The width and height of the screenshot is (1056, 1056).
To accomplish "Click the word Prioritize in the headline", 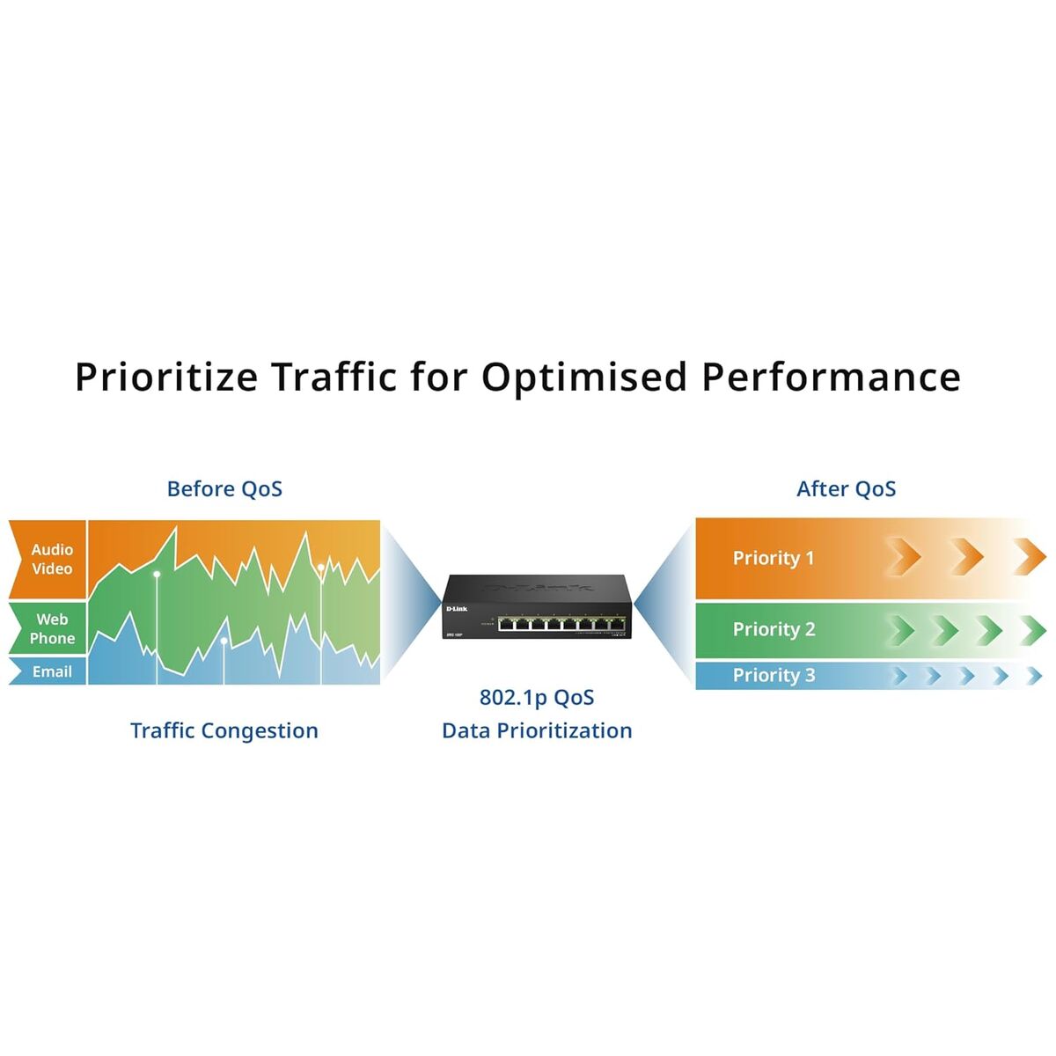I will click(x=166, y=378).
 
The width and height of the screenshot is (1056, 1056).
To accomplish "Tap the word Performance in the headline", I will click(x=831, y=378).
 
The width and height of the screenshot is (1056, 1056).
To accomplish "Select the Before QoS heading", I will click(x=224, y=489).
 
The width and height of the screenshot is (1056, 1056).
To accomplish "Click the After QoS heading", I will click(x=846, y=489).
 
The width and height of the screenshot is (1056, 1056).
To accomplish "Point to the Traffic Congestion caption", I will click(x=224, y=730).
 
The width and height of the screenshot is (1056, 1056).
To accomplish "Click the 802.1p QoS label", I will click(x=537, y=698).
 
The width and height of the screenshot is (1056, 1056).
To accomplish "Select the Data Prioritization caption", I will click(x=537, y=730).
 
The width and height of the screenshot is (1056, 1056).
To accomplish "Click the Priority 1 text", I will click(x=774, y=558).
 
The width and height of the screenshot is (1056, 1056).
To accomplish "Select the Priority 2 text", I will click(x=774, y=629).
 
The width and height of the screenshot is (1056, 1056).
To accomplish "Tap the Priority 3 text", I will click(x=774, y=675).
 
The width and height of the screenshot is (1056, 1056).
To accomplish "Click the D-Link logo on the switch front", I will click(x=457, y=609).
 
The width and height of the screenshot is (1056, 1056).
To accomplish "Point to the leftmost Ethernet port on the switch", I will click(x=508, y=624).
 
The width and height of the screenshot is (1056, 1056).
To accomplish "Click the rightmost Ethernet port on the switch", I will click(x=619, y=624).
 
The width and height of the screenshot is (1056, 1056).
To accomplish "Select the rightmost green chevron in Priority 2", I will click(x=1033, y=630).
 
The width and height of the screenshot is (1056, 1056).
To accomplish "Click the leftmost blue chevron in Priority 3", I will click(x=899, y=676).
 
